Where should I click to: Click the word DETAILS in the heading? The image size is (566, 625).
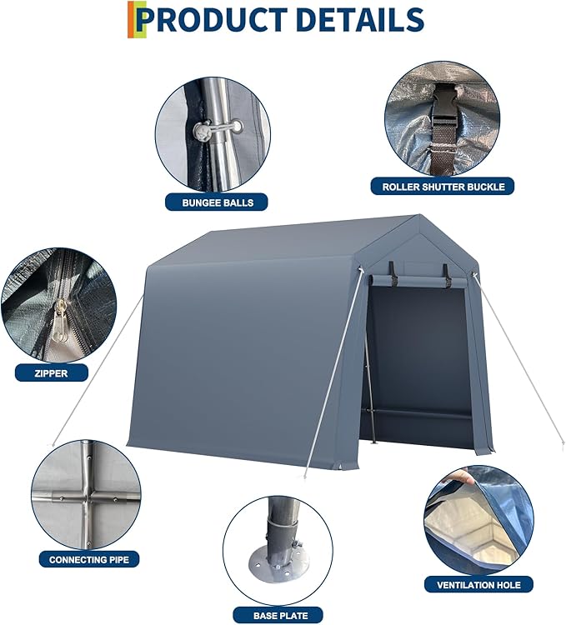click(361, 20)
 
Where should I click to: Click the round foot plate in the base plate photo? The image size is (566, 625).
click(279, 567)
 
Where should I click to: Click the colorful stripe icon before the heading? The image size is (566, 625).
click(132, 19)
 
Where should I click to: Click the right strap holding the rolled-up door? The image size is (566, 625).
click(445, 272)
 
